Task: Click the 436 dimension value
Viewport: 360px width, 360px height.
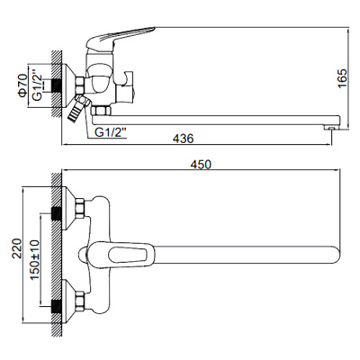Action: [183, 137]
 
